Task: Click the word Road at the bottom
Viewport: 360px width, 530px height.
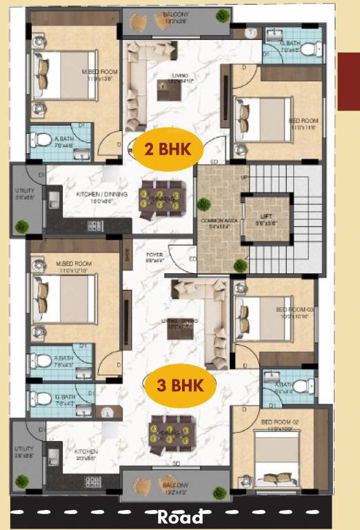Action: point(180,517)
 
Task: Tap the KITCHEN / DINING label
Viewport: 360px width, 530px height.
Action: point(101,197)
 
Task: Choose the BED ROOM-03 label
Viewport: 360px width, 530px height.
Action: point(295,312)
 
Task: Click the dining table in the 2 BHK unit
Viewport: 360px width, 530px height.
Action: point(159,196)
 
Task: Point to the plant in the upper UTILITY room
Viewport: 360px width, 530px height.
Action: point(23,226)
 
